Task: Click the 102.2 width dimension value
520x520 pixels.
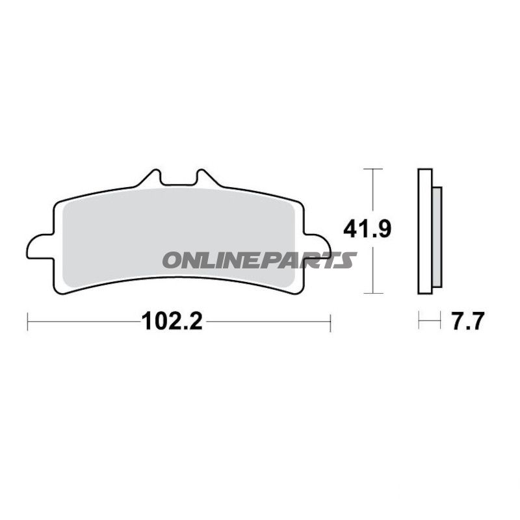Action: pos(170,321)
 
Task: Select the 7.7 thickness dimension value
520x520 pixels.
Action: pos(465,321)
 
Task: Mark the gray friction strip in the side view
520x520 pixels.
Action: pos(437,237)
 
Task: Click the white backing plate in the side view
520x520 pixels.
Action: pos(424,231)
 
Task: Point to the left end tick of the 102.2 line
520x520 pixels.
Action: pos(28,320)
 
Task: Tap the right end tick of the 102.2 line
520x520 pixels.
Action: pos(331,320)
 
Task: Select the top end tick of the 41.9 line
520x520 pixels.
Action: pos(372,169)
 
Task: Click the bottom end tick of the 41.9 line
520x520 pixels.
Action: pos(372,293)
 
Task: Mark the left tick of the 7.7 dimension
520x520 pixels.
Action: pos(420,320)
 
